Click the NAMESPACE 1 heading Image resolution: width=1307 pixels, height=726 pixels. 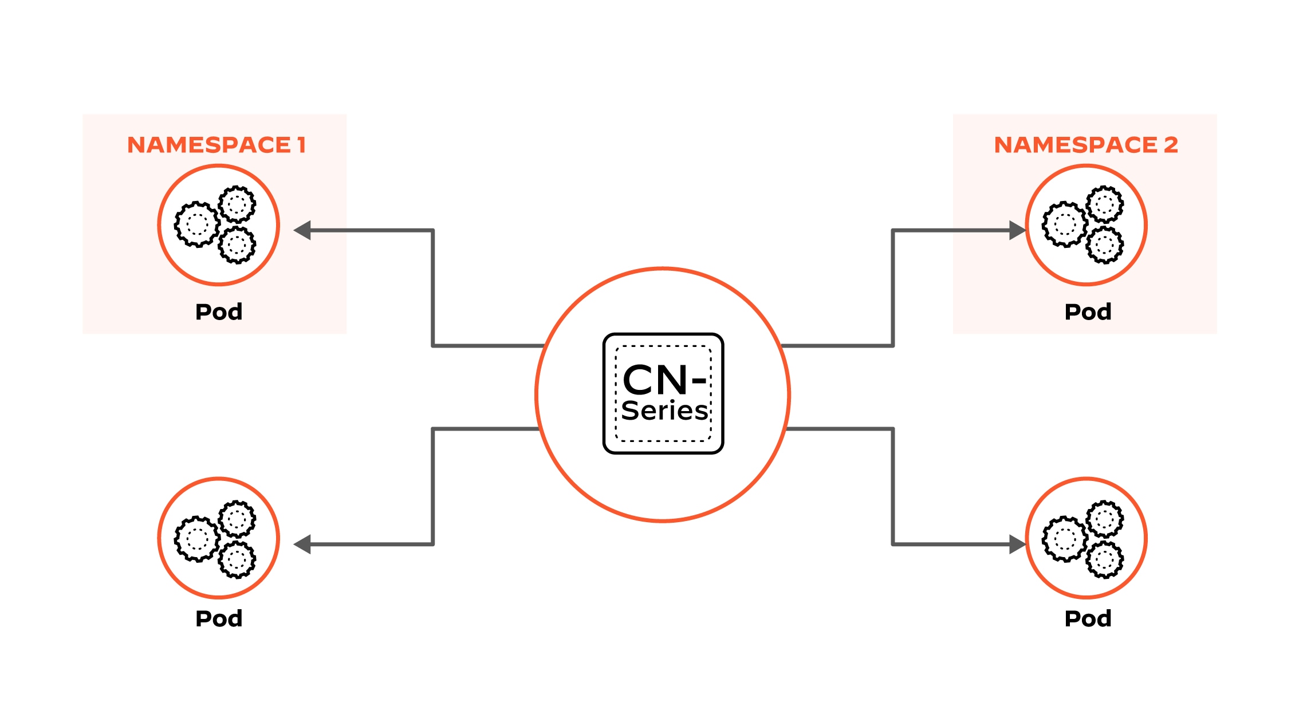pos(216,145)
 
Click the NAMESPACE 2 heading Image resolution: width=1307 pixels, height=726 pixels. pos(1085,145)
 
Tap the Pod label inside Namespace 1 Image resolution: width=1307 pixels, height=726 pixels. pos(219,312)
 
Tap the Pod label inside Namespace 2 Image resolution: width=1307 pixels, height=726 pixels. pos(1088,312)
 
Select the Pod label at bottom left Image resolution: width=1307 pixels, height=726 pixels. pos(219,619)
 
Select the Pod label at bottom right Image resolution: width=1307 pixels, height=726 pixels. pos(1088,619)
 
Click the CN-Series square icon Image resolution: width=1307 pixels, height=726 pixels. pos(663,393)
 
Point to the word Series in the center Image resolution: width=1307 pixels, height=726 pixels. pos(664,411)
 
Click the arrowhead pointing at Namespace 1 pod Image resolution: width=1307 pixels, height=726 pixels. pos(302,230)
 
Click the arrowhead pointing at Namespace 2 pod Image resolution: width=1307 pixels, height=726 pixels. pos(1017,230)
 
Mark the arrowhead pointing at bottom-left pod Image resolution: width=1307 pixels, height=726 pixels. pos(302,544)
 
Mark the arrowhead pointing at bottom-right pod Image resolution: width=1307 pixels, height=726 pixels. pos(1017,544)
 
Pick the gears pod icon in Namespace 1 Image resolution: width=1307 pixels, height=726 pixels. pos(218,224)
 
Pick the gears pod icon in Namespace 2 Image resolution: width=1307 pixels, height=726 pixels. pos(1086,224)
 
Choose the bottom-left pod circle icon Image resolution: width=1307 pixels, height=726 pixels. pos(218,538)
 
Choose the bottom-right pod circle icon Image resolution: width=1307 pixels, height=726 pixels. pos(1086,538)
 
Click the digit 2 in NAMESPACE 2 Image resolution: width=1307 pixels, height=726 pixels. pos(1171,145)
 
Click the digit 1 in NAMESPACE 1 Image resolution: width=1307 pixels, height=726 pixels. pos(301,145)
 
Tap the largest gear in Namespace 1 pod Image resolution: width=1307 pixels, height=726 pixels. pos(197,224)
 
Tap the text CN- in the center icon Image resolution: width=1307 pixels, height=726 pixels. pos(663,380)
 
